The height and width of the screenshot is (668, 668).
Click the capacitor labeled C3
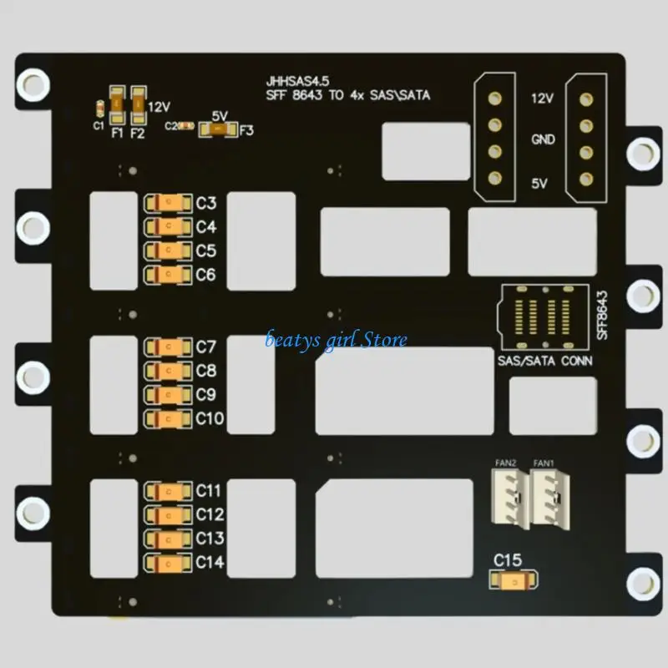click(x=169, y=203)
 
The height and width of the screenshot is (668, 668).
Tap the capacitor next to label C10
click(x=169, y=419)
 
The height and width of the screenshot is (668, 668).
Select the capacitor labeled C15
click(x=514, y=580)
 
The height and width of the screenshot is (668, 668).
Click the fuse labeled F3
click(x=218, y=129)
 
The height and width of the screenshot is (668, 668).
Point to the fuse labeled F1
click(x=117, y=105)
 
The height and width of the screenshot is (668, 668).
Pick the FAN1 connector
click(x=550, y=498)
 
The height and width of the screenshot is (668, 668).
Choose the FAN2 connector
click(x=511, y=498)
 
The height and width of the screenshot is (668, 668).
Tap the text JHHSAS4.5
click(x=297, y=81)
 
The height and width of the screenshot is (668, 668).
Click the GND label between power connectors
click(x=543, y=139)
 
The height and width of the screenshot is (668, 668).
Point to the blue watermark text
click(x=336, y=341)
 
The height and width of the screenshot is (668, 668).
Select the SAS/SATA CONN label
click(x=545, y=361)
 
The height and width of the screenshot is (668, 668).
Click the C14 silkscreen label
click(x=210, y=562)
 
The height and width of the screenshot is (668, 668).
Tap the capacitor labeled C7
click(x=169, y=347)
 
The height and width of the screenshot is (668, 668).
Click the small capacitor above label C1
click(x=99, y=109)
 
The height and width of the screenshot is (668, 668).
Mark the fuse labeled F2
click(x=139, y=105)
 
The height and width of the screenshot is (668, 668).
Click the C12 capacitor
click(x=169, y=515)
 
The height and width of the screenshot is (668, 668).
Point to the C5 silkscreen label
click(x=206, y=251)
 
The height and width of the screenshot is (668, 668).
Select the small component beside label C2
click(x=186, y=126)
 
